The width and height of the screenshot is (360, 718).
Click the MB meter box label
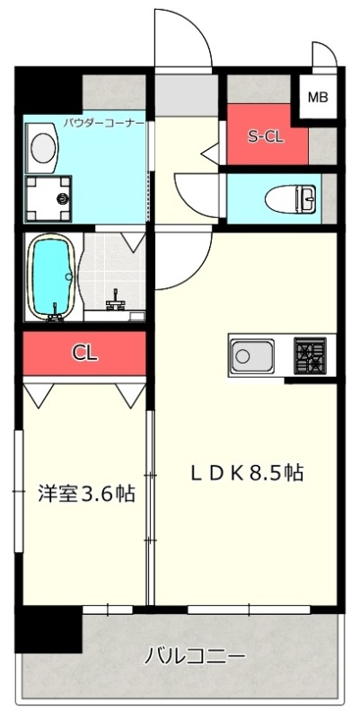[318, 97]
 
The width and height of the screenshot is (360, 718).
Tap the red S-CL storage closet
[267, 134]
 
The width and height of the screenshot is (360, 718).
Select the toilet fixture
[290, 199]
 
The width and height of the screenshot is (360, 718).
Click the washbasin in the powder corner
[43, 147]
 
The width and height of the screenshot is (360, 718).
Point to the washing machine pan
[48, 198]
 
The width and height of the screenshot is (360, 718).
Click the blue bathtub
[51, 276]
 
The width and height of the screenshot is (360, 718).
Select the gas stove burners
[310, 355]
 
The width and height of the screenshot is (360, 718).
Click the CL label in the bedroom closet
[84, 353]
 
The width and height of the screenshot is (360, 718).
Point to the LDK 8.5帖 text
[247, 473]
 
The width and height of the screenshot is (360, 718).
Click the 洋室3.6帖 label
[86, 494]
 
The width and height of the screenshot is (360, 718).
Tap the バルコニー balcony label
[195, 657]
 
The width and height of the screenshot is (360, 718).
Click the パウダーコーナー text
[103, 123]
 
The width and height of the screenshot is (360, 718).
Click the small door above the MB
[324, 55]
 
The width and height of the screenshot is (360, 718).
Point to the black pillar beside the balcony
[48, 630]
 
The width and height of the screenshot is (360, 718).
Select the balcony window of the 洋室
[108, 609]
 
